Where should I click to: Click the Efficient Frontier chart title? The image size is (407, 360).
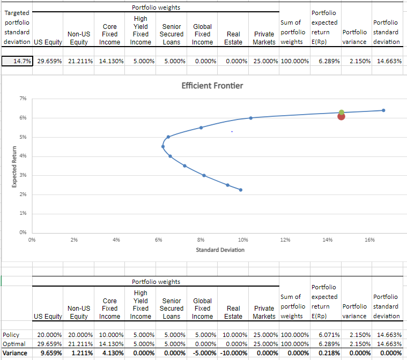[212, 86]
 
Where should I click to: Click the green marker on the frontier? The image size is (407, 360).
[341, 112]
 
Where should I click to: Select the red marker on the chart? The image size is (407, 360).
[341, 116]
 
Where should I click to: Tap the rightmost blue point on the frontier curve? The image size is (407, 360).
[383, 110]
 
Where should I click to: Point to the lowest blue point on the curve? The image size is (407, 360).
[241, 190]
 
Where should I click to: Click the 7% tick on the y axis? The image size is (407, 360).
[22, 99]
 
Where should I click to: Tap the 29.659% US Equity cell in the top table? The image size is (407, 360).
[48, 61]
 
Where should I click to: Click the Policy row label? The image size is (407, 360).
[11, 335]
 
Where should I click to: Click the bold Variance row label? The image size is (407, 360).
[15, 352]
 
